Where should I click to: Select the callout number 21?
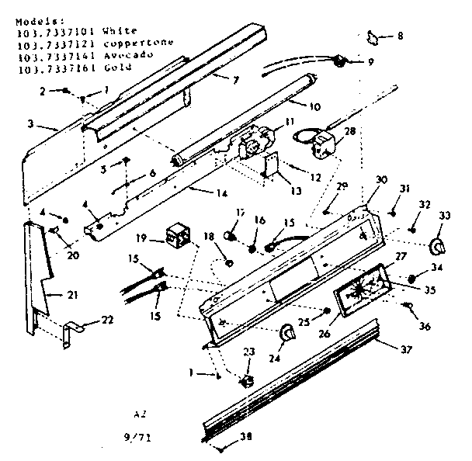click(51, 294)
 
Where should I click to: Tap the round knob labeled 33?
click(440, 246)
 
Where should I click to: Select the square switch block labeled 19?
click(179, 232)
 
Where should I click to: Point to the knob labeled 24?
click(287, 332)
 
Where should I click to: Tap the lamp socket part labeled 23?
click(247, 381)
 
